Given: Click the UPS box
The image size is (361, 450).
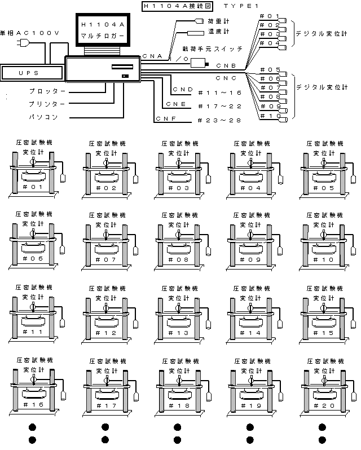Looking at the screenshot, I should [x=28, y=72].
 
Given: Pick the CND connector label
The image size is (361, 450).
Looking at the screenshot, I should [x=183, y=89].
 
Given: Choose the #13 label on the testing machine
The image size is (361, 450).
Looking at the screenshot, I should [x=179, y=333].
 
